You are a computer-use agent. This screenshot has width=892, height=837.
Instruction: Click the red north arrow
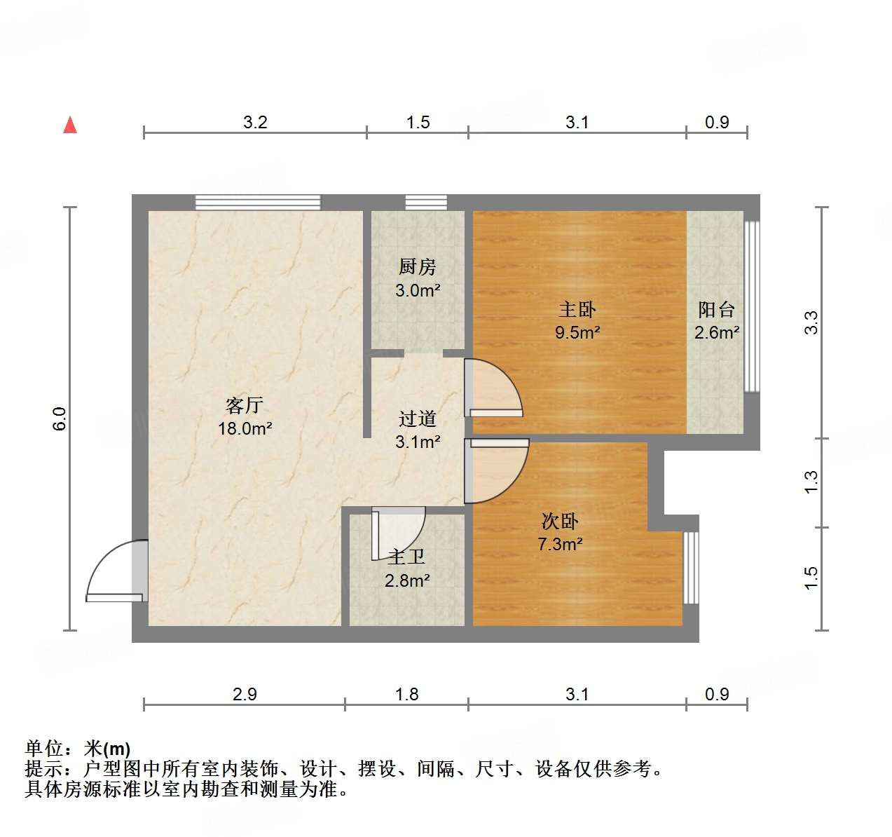(x=70, y=125)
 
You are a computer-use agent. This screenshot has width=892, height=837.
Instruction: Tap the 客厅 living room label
(x=245, y=405)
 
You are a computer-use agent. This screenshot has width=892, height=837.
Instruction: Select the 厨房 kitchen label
(x=418, y=267)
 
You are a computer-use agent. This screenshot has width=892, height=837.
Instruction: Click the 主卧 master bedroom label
(x=577, y=309)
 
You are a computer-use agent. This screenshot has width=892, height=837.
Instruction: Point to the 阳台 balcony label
(x=717, y=309)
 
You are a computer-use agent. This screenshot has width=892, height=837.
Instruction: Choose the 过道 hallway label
(x=418, y=418)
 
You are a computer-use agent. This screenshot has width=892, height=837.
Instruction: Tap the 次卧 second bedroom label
(x=560, y=521)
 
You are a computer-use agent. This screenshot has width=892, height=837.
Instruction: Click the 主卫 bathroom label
(x=407, y=557)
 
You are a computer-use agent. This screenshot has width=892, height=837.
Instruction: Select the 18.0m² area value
(x=245, y=428)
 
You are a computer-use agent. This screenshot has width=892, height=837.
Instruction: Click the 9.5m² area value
(x=577, y=332)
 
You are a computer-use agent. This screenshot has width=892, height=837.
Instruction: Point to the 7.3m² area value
(x=560, y=544)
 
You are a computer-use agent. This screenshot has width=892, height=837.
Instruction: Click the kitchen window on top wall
(x=426, y=203)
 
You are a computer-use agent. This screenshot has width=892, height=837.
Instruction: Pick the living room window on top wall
(x=258, y=203)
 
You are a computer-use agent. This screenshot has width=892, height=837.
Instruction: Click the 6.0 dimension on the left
(x=60, y=418)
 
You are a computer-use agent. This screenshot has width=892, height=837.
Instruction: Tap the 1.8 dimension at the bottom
(x=406, y=694)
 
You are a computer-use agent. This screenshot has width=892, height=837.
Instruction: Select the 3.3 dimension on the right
(x=811, y=322)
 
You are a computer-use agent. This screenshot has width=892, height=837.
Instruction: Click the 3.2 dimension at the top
(x=255, y=122)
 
